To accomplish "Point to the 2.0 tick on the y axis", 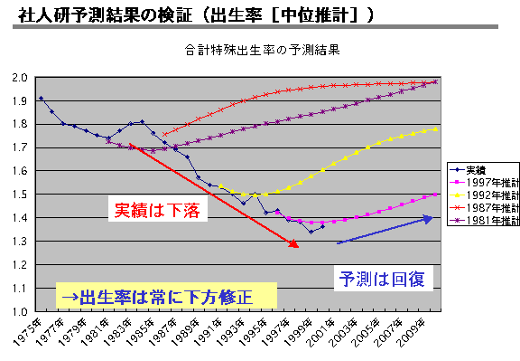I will click(x=22, y=77).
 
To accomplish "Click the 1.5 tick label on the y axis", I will click(x=22, y=194).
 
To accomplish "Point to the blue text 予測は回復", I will click(x=375, y=278).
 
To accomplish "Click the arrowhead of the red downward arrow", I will click(x=295, y=243).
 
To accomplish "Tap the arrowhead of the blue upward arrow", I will click(x=429, y=218).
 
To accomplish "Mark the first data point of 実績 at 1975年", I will click(x=41, y=98).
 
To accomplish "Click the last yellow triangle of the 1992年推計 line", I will click(x=435, y=128).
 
